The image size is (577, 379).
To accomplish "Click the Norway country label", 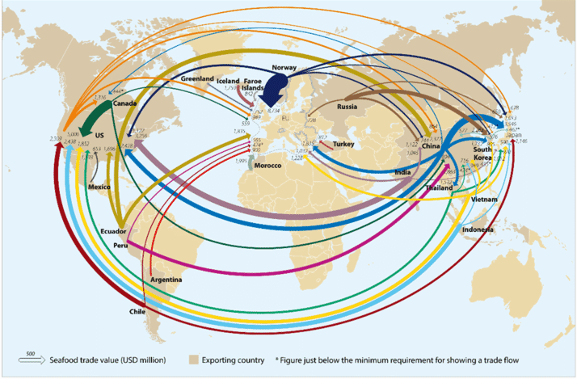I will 286,67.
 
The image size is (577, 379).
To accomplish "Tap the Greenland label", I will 197,79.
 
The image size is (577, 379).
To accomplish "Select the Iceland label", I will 229,81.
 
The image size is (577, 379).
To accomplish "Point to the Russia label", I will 347,106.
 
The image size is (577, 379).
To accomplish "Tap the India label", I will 402,173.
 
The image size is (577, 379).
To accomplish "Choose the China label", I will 431,146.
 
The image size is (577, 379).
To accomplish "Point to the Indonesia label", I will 478,229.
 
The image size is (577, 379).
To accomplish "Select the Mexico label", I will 99,187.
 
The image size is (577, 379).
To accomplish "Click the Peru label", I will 121,245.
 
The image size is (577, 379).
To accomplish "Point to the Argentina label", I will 166,280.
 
